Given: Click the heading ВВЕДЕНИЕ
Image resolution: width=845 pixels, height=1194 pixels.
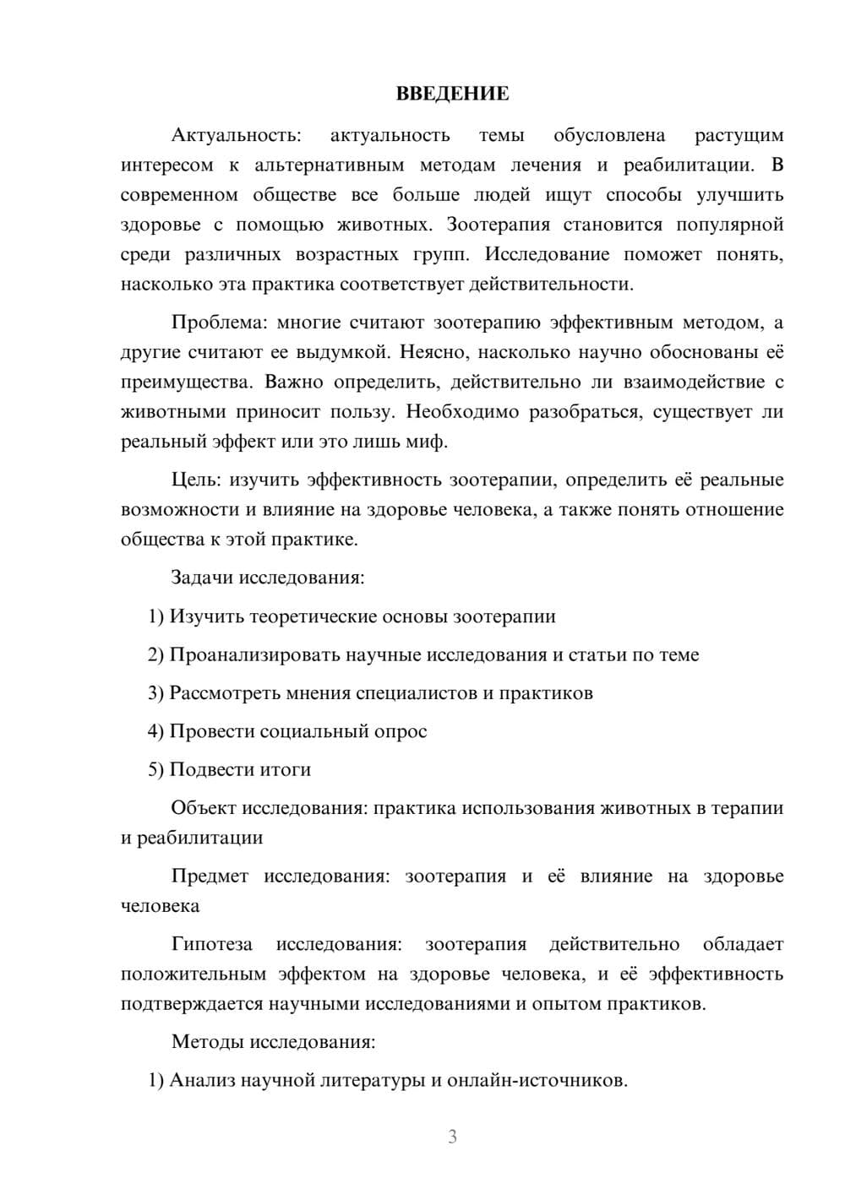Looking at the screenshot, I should (x=452, y=94).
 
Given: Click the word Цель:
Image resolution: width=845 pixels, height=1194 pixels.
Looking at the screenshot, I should (x=196, y=480).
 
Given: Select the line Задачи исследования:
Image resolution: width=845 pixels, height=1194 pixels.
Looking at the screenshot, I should (x=267, y=578).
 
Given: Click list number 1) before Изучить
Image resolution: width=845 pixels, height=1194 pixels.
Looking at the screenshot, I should (x=156, y=616).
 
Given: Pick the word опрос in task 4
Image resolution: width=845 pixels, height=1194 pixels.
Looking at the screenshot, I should (x=401, y=730).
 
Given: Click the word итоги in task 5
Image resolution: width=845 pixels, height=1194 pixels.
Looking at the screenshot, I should (x=283, y=769).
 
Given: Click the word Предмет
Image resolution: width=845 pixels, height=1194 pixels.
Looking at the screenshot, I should (x=210, y=876).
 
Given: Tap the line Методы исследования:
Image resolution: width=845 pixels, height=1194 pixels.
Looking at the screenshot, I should (x=273, y=1041).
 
